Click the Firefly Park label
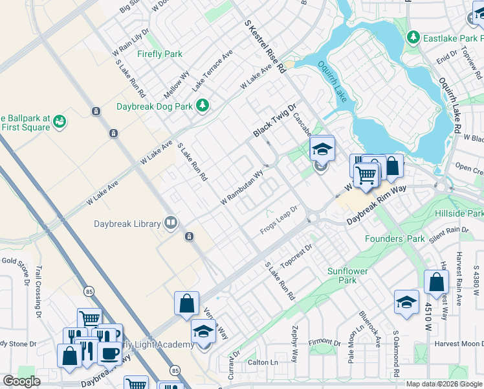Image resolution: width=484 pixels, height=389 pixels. (x=159, y=54)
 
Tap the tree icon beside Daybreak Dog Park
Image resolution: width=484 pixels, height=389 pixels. (x=203, y=104)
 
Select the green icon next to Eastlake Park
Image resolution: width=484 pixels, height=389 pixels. (x=413, y=38)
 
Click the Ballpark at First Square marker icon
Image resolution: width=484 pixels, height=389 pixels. (x=60, y=121)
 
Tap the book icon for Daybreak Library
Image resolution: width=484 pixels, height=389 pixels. (x=171, y=224)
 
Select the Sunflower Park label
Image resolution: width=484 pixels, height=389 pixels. (x=342, y=276)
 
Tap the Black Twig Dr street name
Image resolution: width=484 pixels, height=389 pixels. (x=274, y=121)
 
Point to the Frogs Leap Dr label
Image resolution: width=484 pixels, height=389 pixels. (x=278, y=222)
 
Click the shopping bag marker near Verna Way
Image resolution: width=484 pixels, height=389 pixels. (x=186, y=303)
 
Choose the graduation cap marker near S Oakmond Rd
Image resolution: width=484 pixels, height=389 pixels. (x=406, y=302)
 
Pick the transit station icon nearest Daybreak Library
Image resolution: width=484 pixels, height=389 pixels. (x=189, y=237)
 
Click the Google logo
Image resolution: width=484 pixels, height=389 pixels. (x=21, y=381)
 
